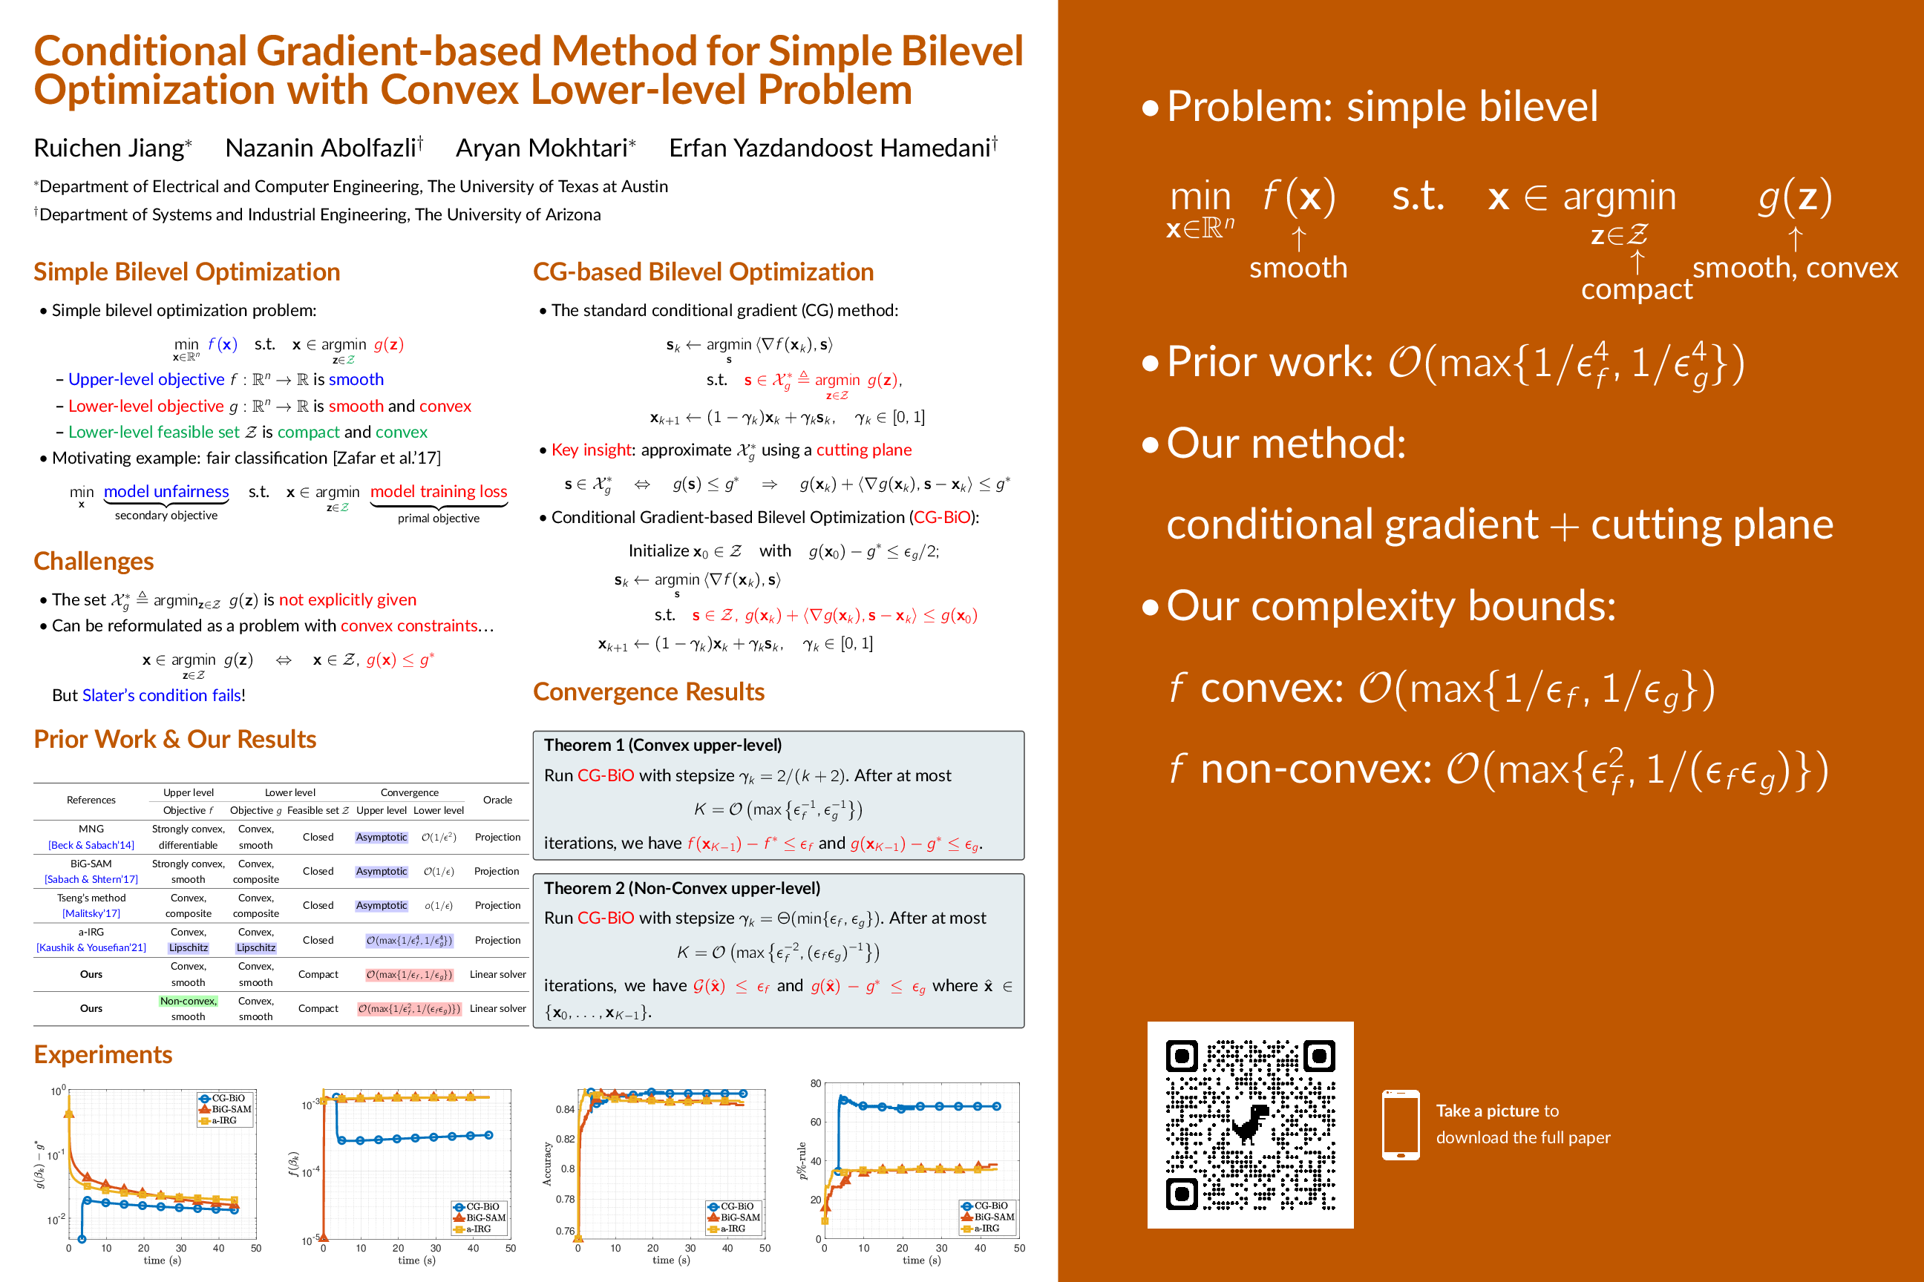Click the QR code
pos(1250,1124)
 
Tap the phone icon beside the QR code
pos(1401,1124)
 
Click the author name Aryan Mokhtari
pos(542,148)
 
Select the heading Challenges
pos(94,561)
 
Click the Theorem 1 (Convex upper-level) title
pos(663,745)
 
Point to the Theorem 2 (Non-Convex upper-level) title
pos(681,888)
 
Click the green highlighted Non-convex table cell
pos(188,1001)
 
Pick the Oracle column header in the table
pos(497,800)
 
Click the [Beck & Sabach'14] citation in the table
pos(91,844)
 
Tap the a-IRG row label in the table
pos(91,932)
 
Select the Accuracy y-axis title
pos(546,1163)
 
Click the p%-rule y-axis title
pos(802,1161)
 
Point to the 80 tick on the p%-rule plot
pos(816,1083)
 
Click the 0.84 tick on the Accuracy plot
pos(564,1109)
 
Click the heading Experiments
pos(103,1055)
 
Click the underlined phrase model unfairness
pos(166,491)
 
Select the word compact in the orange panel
pos(1636,289)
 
